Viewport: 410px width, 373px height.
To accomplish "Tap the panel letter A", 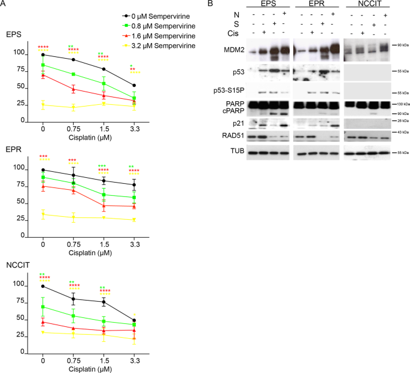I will (4, 4).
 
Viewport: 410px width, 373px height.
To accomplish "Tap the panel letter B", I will (209, 4).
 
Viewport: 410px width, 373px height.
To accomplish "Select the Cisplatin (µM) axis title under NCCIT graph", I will (88, 368).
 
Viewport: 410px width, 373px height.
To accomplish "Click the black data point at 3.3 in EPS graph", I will (133, 85).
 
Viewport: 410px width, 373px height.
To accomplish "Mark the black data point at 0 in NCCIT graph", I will (43, 286).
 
